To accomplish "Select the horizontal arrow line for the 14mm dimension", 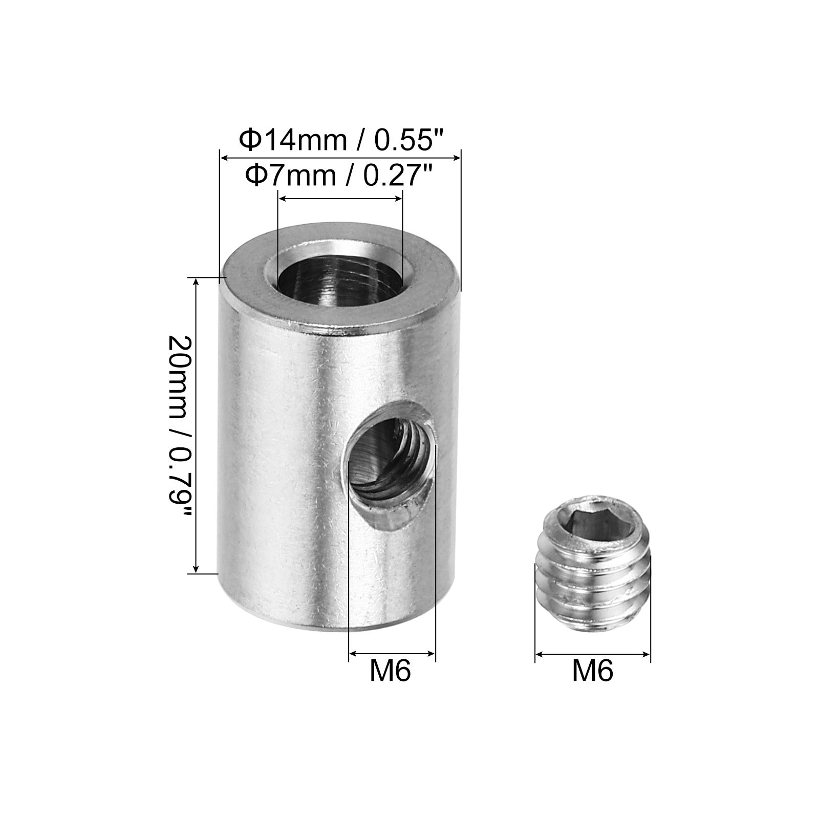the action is tap(340, 159).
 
